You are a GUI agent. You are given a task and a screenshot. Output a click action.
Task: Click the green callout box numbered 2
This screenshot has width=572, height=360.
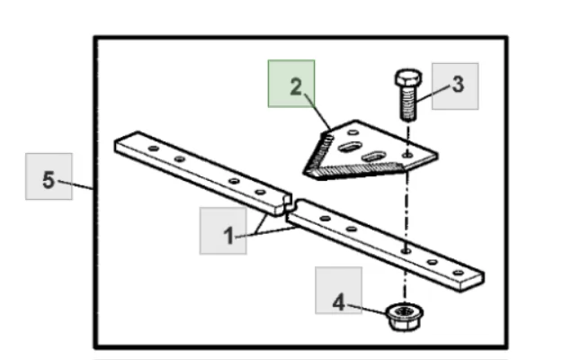pos(291,84)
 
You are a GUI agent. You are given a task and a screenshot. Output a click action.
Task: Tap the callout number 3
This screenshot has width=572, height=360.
pos(458,85)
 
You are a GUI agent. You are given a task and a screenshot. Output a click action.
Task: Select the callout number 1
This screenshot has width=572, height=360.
pos(228,236)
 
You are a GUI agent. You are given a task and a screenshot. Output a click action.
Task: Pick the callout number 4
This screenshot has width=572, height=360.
pos(338,302)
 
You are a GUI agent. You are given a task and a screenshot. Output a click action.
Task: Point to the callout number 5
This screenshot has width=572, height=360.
pos(49,180)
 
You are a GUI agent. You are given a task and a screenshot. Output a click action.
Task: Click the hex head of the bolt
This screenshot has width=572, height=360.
pos(408,78)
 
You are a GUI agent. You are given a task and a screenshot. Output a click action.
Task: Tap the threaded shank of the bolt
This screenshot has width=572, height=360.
pos(407,104)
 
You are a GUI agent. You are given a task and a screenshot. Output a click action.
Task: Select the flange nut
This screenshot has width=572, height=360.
pos(405,317)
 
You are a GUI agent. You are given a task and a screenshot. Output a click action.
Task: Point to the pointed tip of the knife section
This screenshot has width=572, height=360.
pos(305,172)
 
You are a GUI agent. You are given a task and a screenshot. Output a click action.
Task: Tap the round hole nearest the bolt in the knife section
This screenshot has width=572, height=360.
pos(407,155)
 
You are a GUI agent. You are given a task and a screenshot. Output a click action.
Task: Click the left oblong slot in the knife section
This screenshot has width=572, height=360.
pos(350,148)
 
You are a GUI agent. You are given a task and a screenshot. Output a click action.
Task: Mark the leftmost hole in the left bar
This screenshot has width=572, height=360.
pos(154,148)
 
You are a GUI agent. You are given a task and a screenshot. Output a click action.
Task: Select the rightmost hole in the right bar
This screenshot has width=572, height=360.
pos(458,273)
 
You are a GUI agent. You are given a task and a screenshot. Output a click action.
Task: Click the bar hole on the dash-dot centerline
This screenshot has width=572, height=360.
pos(406,251)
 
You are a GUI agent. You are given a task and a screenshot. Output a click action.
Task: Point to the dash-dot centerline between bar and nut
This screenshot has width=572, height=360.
pos(404,278)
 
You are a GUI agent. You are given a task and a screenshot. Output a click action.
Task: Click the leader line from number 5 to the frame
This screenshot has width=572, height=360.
pos(76,184)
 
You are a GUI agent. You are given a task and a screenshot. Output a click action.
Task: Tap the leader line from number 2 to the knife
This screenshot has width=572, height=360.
pos(317,112)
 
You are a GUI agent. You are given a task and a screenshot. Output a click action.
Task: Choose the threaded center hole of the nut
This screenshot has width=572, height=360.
pos(404,311)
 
